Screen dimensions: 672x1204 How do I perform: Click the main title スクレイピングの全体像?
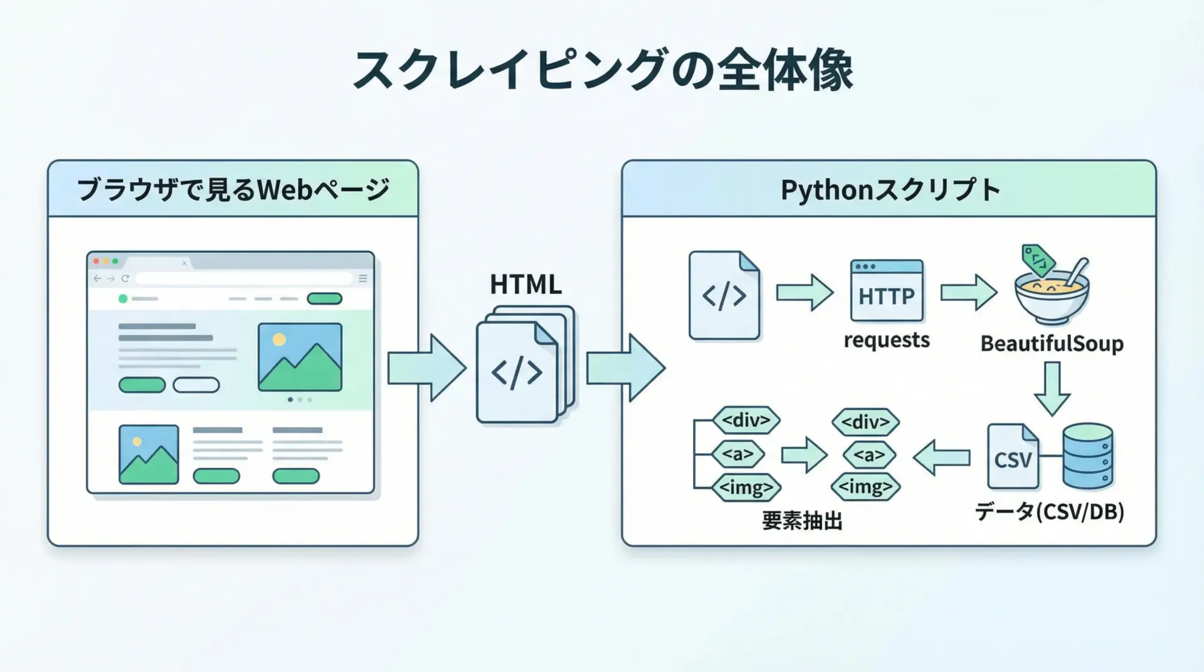pos(602,70)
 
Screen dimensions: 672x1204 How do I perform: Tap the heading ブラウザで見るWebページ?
pos(233,189)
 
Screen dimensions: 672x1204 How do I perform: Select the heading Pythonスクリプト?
pos(889,189)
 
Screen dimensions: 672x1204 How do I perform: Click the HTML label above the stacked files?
pos(525,285)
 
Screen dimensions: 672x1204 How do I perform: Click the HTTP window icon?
pos(886,291)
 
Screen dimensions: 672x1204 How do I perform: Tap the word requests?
pos(886,340)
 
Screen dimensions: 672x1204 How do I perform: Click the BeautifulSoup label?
pos(1052,344)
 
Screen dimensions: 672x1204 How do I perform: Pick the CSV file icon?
pos(1012,456)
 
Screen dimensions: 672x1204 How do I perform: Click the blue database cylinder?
pos(1087,456)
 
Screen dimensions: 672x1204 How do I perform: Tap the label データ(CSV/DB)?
pos(1049,512)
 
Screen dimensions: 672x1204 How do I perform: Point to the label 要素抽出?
pos(802,521)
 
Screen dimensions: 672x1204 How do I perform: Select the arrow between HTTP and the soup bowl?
pos(968,292)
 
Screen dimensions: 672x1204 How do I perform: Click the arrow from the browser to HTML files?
pos(426,368)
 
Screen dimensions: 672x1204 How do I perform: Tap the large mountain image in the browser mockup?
pos(300,357)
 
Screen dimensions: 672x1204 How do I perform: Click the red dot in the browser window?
pos(97,261)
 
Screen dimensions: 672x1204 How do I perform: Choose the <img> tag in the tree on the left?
pos(746,487)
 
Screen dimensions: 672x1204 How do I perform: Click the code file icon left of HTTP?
pos(724,296)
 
